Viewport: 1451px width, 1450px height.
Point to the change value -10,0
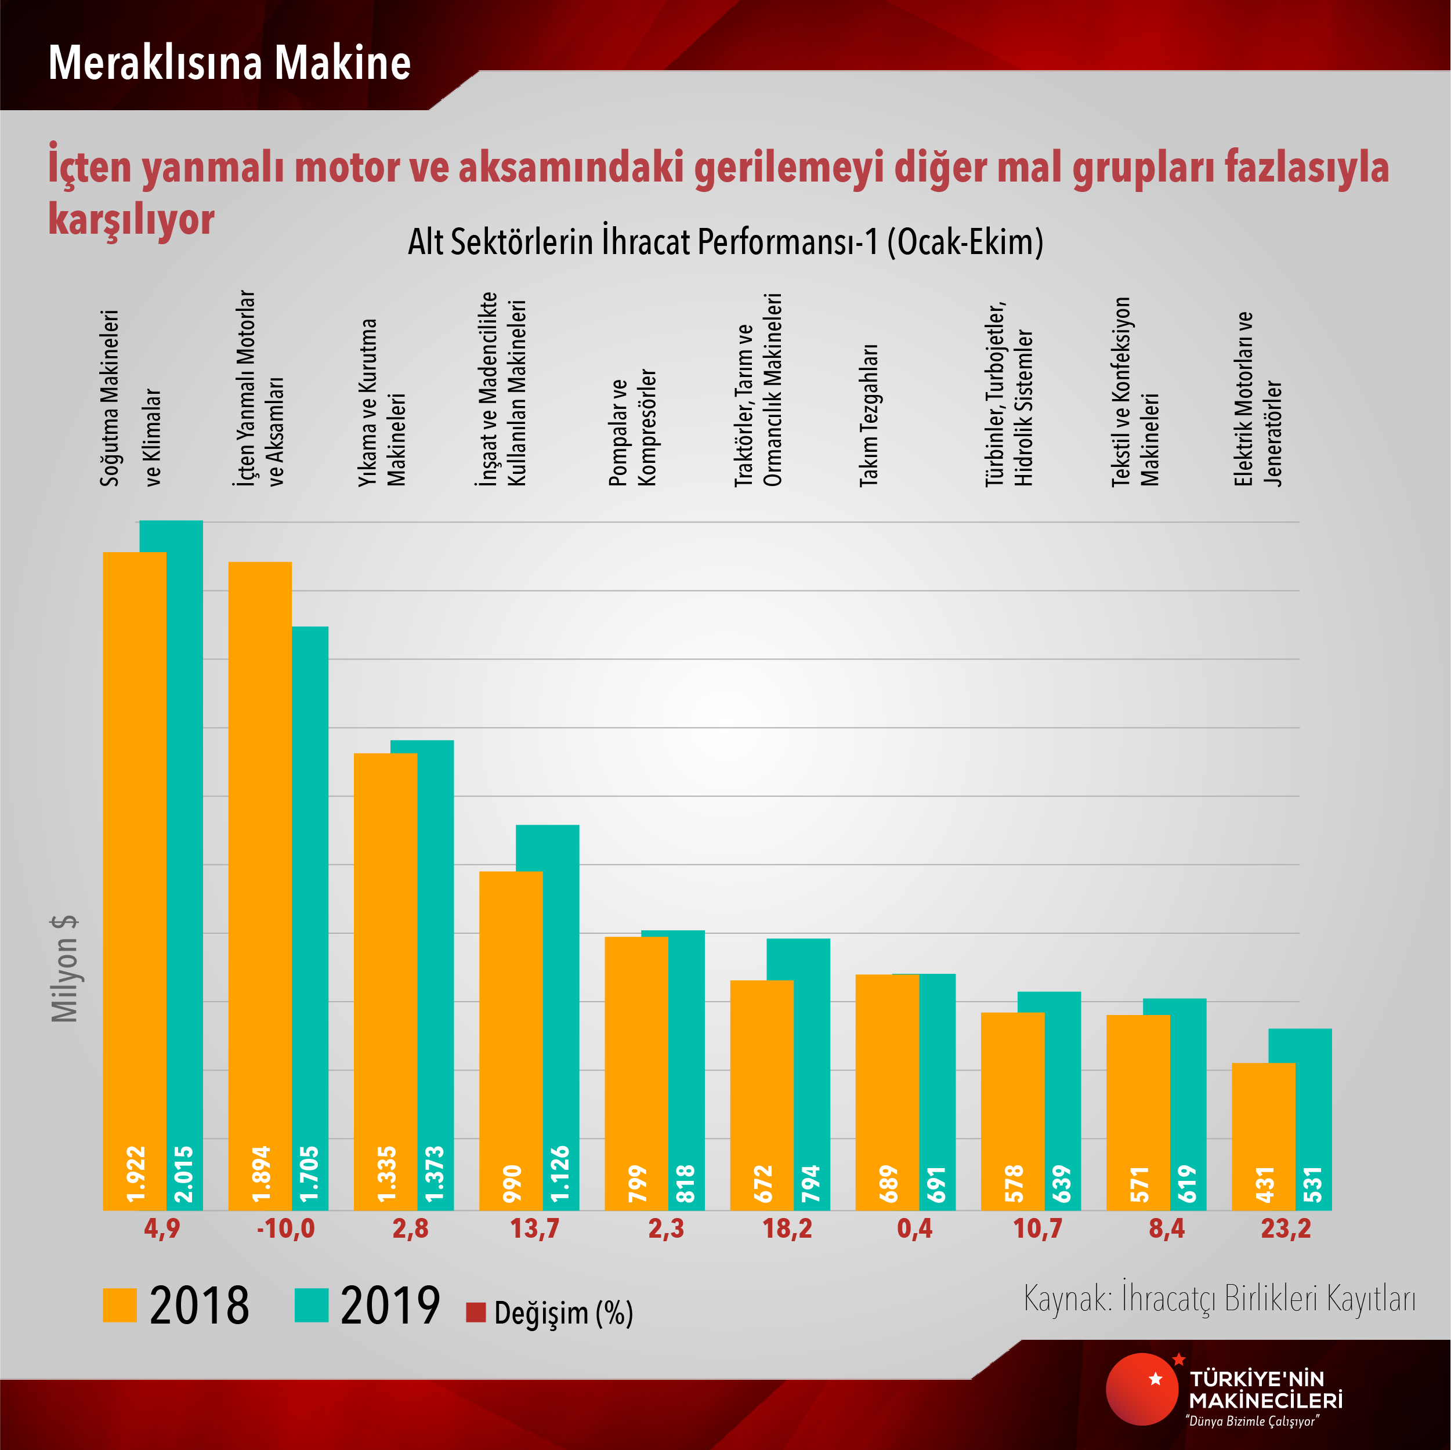coord(285,1229)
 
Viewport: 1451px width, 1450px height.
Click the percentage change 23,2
coord(1285,1229)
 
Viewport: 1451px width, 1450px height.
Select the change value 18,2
coord(787,1229)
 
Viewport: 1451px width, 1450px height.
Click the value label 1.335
coord(386,1174)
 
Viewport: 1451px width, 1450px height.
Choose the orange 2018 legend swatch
coord(120,1305)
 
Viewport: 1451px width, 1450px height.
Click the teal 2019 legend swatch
coord(311,1305)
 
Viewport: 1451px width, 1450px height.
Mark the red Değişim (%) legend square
coord(475,1312)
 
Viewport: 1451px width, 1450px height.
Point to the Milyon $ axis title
coord(64,969)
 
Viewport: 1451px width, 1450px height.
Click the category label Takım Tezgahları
coord(869,415)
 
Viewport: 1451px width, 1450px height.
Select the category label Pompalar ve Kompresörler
coord(632,428)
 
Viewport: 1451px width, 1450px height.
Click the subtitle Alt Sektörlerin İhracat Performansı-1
coord(725,242)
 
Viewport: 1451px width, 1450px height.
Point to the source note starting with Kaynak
coord(1219,1298)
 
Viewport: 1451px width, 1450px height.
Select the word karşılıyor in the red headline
coord(132,219)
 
